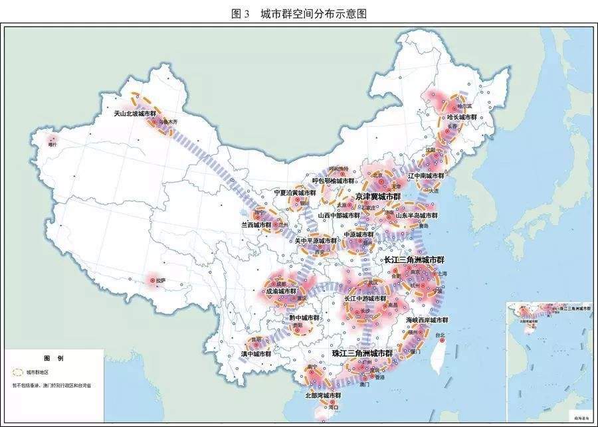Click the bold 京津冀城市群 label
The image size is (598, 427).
point(377,197)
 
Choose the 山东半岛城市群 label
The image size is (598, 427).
point(417,215)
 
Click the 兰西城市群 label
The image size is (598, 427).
point(256,225)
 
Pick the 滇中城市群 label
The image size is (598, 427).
point(256,354)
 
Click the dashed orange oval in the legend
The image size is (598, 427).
point(18,373)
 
